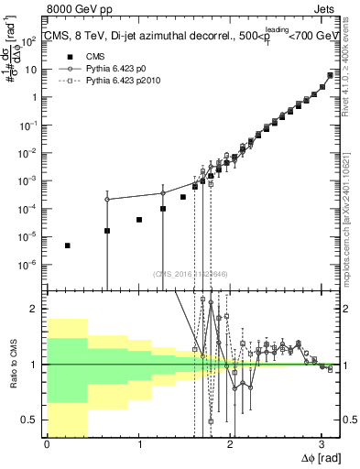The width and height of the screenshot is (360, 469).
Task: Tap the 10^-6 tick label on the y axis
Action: coord(29,266)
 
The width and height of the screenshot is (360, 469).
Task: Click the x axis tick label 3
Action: coord(322,444)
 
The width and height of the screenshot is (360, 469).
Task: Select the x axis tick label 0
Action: coord(47,444)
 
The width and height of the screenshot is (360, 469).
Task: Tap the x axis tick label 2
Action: coord(230,444)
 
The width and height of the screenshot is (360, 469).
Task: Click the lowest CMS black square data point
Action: coord(68,245)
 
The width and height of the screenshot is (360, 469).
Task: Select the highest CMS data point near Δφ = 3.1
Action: coord(330,75)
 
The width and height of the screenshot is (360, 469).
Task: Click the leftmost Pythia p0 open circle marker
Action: coord(107,200)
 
